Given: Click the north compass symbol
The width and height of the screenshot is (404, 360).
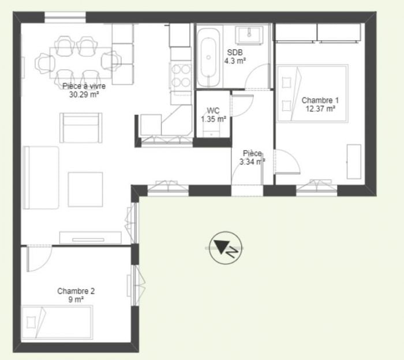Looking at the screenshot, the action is click(226, 247).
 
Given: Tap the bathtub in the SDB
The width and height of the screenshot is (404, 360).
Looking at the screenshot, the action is click(208, 58).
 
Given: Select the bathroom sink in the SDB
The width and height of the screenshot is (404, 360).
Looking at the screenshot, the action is click(249, 35).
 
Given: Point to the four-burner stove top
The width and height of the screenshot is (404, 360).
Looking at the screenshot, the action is click(181, 76).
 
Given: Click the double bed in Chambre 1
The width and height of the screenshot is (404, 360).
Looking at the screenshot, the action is click(313, 93).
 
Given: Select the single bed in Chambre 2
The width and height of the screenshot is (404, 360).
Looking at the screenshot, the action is click(57, 322).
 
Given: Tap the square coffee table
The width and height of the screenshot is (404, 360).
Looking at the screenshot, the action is click(85, 189).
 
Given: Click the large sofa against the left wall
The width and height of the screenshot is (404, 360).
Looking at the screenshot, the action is click(41, 178).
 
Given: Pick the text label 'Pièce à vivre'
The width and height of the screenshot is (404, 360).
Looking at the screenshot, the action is click(84, 86).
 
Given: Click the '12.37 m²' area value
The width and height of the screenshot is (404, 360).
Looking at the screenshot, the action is click(320, 108).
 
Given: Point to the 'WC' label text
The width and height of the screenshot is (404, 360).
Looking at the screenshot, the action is click(214, 111).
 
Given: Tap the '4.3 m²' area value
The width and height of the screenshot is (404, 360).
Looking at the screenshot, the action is click(235, 61).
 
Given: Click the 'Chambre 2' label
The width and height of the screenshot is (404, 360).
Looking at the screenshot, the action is click(76, 291).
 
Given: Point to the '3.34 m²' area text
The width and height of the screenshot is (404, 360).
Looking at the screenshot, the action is click(252, 162).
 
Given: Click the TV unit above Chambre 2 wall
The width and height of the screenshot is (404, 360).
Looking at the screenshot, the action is click(91, 238).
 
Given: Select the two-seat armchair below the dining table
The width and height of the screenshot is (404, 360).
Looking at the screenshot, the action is click(81, 127).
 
